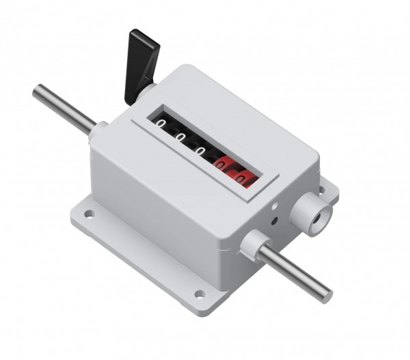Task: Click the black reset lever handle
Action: pyautogui.click(x=141, y=65)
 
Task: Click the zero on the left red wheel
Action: pyautogui.click(x=221, y=164)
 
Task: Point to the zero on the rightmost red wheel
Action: pyautogui.click(x=242, y=179)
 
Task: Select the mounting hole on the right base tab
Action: pyautogui.click(x=321, y=190)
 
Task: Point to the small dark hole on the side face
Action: pyautogui.click(x=274, y=220)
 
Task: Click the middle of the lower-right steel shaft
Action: pyautogui.click(x=295, y=273)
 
